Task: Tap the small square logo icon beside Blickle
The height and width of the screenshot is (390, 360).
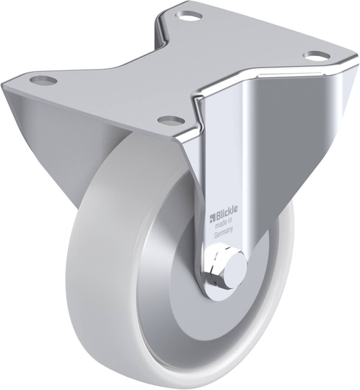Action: point(212,216)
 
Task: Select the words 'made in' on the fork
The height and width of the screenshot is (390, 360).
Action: point(224,225)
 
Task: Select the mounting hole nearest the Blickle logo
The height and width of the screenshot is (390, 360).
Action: point(169,120)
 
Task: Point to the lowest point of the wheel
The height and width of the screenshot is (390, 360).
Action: point(169,385)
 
